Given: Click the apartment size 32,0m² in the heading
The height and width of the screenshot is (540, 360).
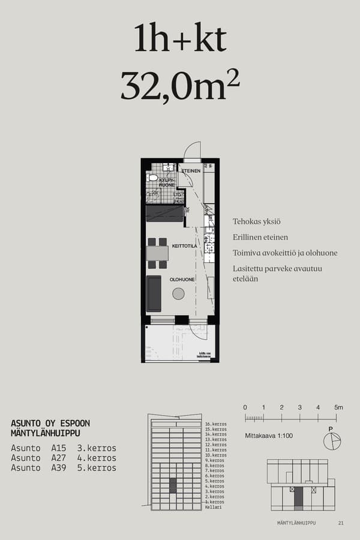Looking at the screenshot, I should [180, 86].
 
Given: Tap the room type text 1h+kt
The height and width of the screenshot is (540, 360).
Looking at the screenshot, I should [180, 40].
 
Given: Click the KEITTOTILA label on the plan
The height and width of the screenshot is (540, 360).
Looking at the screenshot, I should [184, 246].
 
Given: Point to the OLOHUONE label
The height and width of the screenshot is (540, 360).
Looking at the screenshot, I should [181, 280].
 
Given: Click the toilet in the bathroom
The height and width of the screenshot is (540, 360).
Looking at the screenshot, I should [153, 178].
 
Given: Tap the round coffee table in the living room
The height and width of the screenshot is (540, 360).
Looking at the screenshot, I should [178, 293].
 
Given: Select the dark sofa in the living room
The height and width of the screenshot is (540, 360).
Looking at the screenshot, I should [154, 293].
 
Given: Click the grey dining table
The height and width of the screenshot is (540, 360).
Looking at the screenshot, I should [157, 253].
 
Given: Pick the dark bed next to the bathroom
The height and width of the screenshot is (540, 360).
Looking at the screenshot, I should [164, 214].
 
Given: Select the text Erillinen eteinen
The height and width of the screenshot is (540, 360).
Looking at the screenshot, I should [260, 237].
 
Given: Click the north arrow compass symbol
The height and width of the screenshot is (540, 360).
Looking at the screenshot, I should [331, 441].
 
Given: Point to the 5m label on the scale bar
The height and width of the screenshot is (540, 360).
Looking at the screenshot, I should [338, 407].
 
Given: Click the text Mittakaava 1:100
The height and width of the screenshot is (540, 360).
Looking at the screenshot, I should [269, 436].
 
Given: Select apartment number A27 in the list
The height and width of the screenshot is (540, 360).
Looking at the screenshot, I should [59, 458].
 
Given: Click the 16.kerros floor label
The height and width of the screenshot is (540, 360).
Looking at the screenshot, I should [215, 424].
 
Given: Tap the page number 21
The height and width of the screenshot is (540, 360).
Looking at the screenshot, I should [341, 523].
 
